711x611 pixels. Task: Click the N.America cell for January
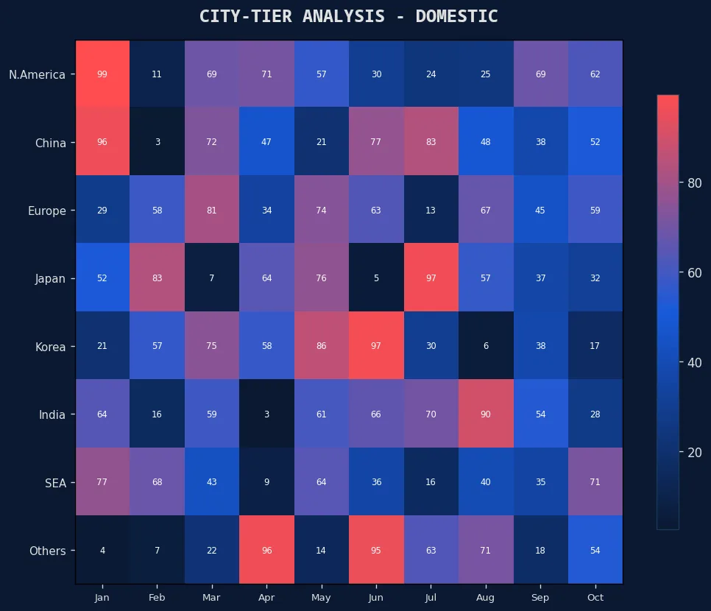click(x=102, y=74)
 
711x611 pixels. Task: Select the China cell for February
click(x=157, y=142)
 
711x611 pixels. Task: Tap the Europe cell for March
click(x=212, y=211)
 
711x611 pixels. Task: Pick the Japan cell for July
click(x=431, y=278)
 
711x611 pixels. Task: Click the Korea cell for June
click(x=376, y=346)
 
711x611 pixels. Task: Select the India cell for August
click(x=486, y=414)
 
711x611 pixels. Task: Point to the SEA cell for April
click(x=266, y=482)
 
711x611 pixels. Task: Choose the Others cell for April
click(x=266, y=551)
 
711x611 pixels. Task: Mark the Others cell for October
click(x=595, y=551)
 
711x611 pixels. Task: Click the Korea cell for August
click(x=486, y=346)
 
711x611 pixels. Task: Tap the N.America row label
click(x=37, y=74)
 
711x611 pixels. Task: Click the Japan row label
click(x=50, y=278)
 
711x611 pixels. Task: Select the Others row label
click(x=47, y=551)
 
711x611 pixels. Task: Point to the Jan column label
click(x=102, y=598)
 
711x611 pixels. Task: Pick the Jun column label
click(x=376, y=598)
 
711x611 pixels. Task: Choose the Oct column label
click(x=595, y=598)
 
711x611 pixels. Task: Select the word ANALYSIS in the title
click(x=338, y=16)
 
